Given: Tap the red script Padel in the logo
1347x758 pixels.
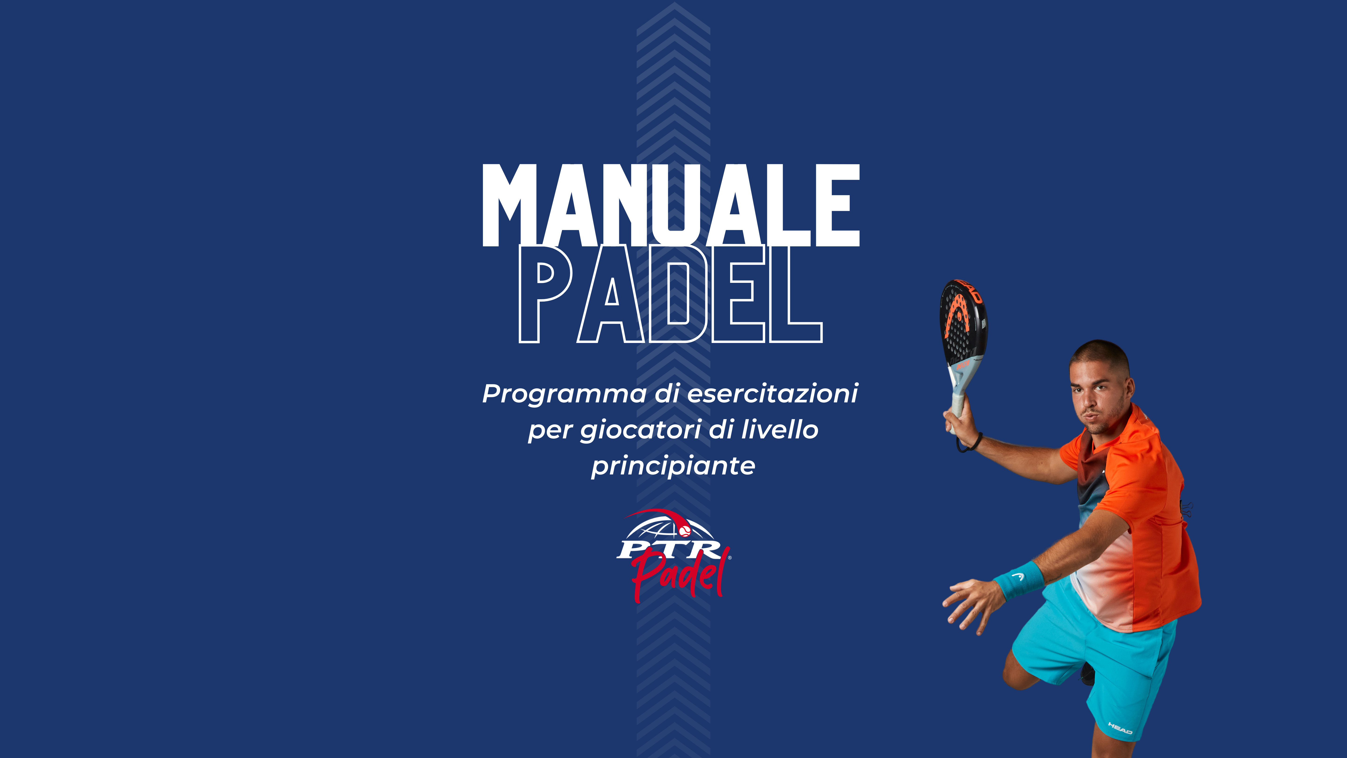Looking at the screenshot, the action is coord(680,576).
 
